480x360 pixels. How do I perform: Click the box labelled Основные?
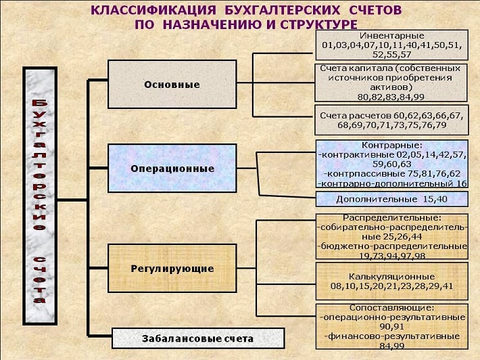172,85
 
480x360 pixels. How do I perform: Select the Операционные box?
172,168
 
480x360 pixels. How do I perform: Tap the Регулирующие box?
172,269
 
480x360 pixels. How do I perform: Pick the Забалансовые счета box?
198,338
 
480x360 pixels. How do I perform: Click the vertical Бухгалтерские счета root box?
40,196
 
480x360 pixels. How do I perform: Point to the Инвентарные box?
391,45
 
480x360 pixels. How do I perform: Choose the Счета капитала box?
391,83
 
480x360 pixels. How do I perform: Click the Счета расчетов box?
391,120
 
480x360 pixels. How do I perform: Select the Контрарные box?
392,164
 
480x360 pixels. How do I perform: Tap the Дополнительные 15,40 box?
392,199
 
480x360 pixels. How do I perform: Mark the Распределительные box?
392,237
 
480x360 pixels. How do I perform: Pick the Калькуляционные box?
392,281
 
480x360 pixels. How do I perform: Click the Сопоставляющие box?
392,327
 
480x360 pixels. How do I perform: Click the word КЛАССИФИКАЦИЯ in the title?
153,10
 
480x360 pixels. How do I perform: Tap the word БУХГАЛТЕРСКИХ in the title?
282,10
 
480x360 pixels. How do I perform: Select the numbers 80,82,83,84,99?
391,97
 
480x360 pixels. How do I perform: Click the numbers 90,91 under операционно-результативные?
392,327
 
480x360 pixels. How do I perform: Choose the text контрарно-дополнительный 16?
392,184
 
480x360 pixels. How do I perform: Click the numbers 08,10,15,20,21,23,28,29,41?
392,286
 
